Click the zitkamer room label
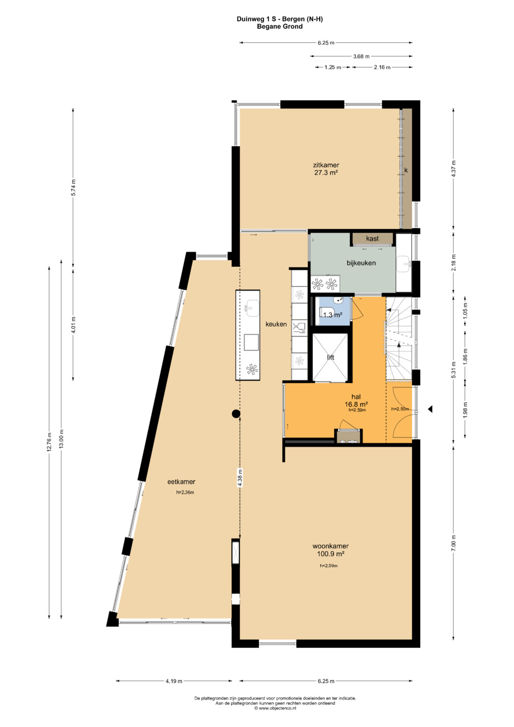[x=326, y=165]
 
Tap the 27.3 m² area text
[x=326, y=173]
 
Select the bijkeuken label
[x=361, y=263]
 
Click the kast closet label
[x=372, y=239]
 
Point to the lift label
[x=330, y=358]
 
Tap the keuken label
[x=276, y=324]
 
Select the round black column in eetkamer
[x=236, y=413]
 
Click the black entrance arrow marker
[x=430, y=409]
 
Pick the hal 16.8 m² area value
[x=356, y=404]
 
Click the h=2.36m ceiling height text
[x=185, y=492]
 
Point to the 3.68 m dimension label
[x=361, y=56]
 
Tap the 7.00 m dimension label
[x=454, y=542]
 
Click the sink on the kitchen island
[x=252, y=308]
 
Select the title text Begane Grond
[x=280, y=27]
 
